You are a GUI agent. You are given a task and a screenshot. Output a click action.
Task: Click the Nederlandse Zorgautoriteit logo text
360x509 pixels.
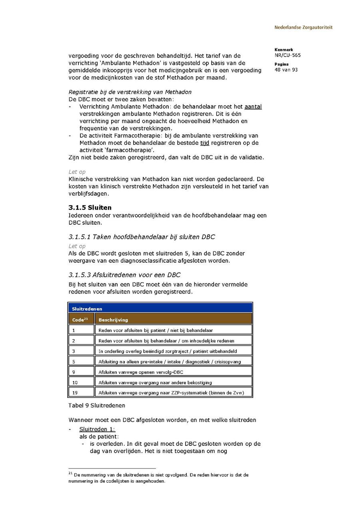(303, 28)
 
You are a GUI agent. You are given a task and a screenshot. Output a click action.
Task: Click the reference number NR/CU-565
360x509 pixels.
(288, 55)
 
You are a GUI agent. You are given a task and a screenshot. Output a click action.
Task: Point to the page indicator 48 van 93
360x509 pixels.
(286, 70)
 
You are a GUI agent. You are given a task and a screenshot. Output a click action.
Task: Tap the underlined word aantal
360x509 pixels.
(253, 107)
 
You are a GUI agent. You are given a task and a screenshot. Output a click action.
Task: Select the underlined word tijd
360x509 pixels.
(204, 143)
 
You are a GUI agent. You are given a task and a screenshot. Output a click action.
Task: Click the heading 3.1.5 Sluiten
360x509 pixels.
(90, 208)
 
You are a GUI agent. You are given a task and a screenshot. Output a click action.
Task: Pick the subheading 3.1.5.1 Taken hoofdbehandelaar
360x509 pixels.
(142, 237)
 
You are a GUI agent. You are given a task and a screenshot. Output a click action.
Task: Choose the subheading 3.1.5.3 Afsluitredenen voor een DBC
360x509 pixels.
(124, 275)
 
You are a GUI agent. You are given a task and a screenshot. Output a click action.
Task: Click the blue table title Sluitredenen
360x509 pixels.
(87, 309)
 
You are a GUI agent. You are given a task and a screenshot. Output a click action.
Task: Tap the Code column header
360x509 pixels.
(80, 319)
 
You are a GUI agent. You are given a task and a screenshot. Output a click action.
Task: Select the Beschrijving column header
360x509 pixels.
(113, 320)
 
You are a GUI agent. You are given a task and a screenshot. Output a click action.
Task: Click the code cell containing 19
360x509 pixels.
(75, 393)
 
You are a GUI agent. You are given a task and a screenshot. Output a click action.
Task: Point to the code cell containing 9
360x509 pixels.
(74, 372)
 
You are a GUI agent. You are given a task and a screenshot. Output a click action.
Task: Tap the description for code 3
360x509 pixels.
(168, 351)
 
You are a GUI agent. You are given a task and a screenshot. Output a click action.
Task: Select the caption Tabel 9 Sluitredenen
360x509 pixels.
(97, 405)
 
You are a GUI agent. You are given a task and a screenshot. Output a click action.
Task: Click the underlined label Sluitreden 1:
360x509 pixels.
(97, 429)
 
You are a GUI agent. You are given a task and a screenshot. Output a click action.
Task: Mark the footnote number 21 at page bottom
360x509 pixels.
(70, 473)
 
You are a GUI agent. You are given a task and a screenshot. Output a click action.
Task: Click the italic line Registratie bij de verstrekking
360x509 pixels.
(130, 92)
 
